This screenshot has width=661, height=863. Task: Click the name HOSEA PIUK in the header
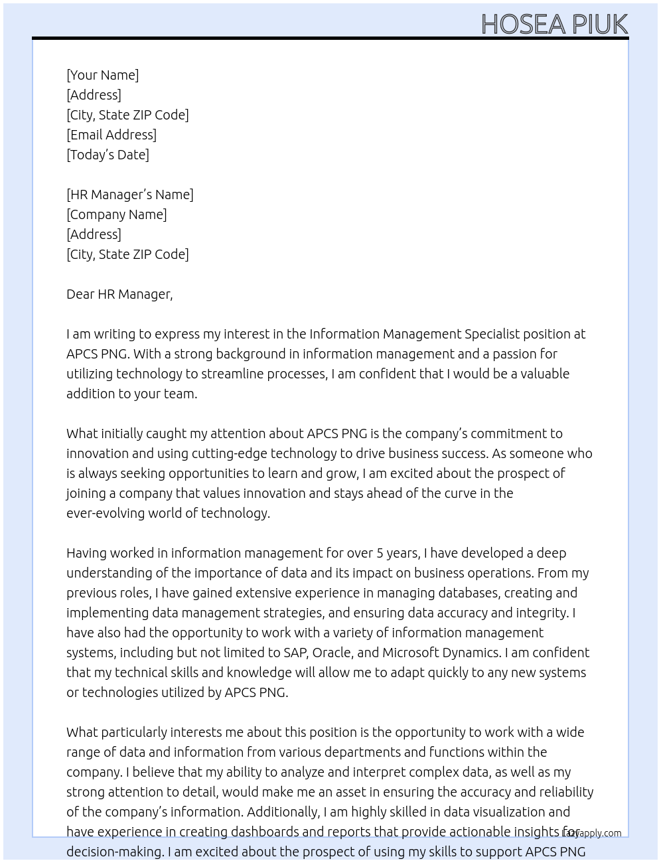[554, 24]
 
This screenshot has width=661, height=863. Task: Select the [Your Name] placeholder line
[103, 75]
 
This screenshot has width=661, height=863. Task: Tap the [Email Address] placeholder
[111, 135]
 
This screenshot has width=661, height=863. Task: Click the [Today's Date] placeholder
[108, 155]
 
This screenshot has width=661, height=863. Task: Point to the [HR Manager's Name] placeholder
[130, 195]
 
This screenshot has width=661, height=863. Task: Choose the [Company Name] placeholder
[117, 214]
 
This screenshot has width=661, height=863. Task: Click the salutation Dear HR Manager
[119, 294]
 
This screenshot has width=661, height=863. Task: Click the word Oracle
[331, 653]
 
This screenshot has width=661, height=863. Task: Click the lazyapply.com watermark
[591, 833]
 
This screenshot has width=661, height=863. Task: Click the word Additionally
[283, 812]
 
